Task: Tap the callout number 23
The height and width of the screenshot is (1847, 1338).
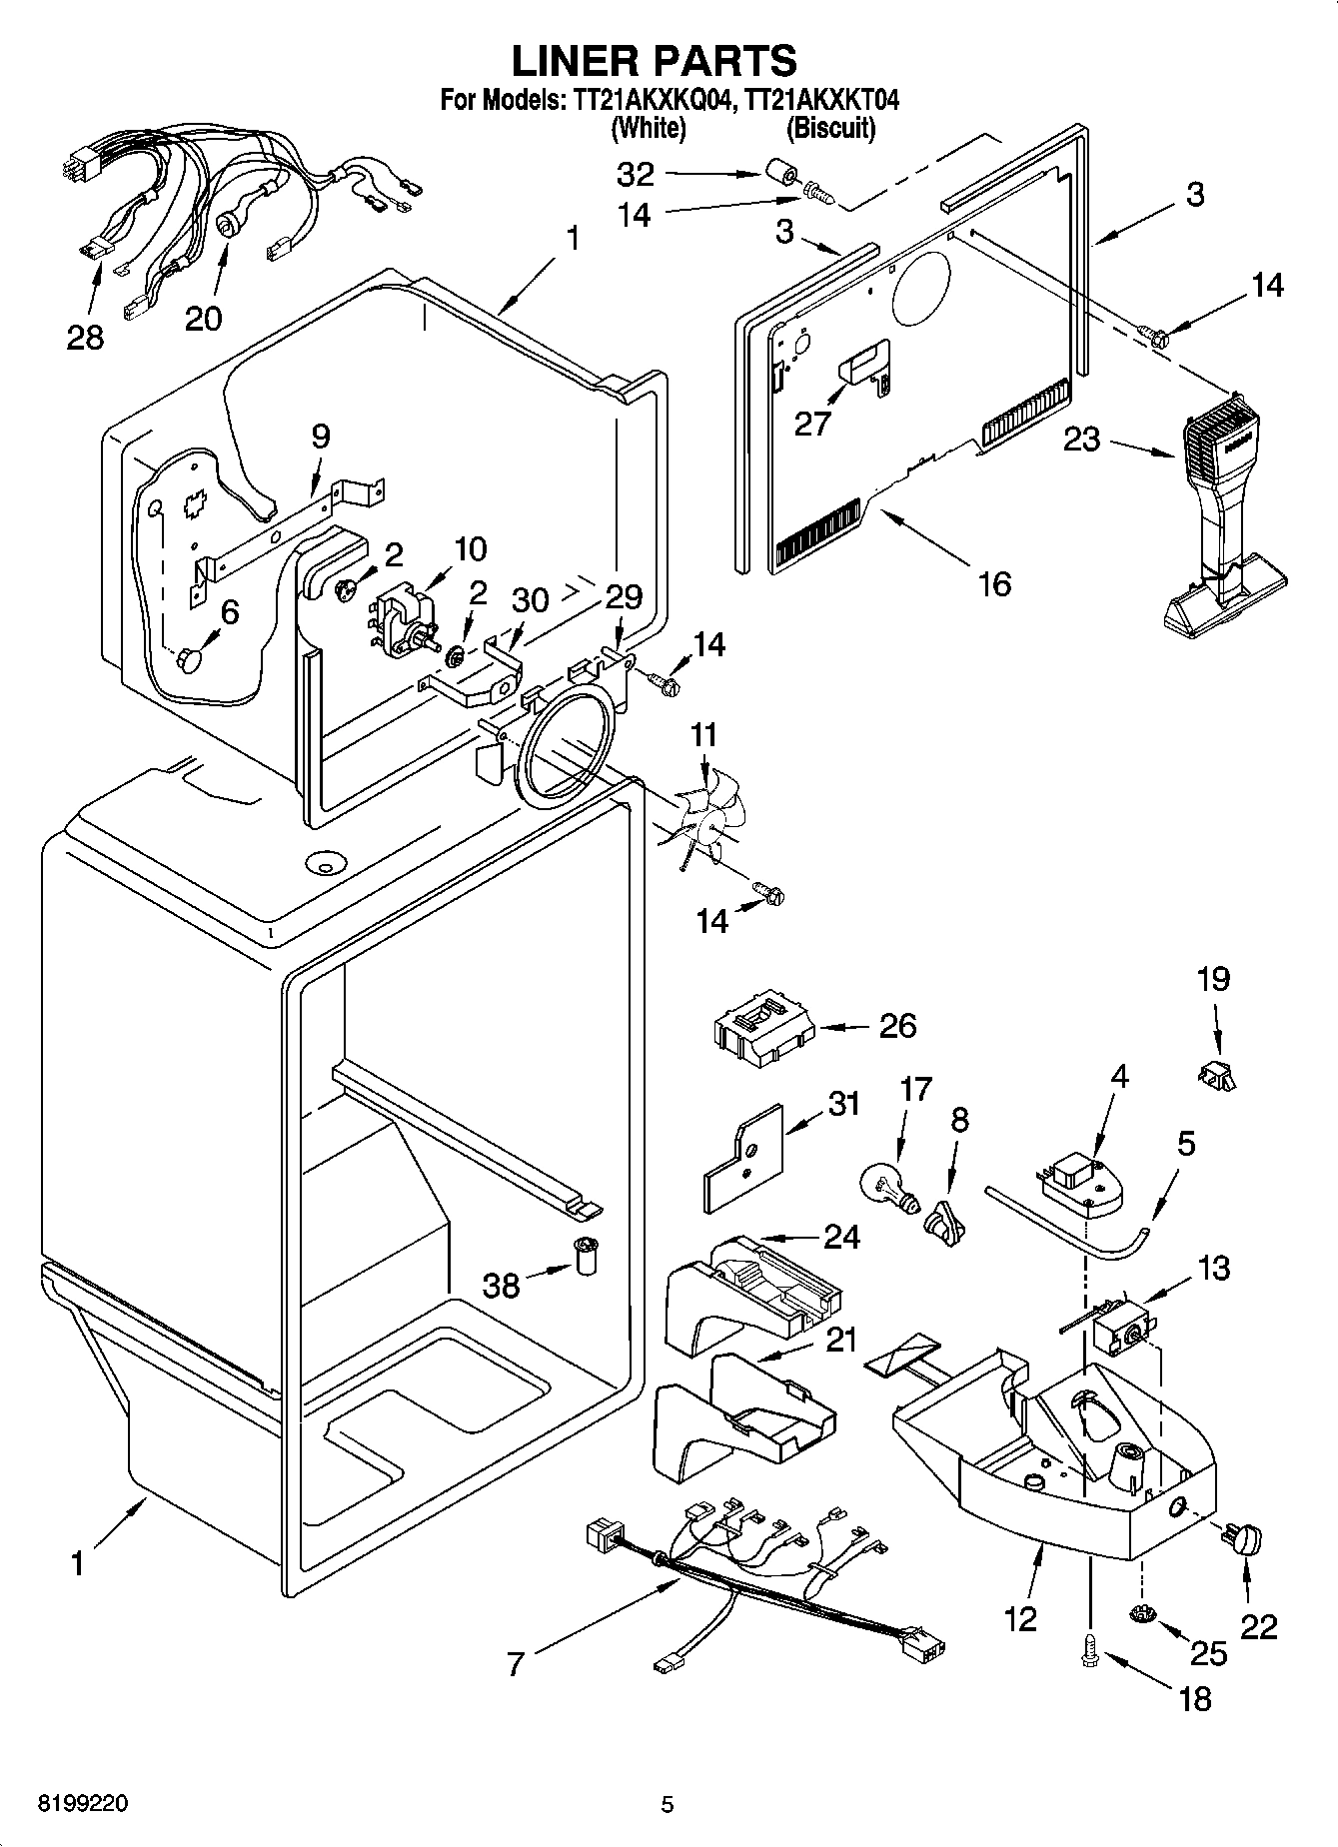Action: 1081,440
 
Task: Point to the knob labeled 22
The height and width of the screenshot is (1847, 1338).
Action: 1247,1540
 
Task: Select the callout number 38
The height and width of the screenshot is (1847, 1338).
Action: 502,1285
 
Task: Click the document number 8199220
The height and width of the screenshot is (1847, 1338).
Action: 83,1804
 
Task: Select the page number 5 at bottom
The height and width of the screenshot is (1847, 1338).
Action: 668,1804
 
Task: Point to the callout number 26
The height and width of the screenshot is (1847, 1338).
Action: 897,1026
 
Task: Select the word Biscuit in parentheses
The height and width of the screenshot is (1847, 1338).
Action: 831,128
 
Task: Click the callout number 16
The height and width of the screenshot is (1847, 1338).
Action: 994,582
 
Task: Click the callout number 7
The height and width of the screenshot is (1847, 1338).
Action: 515,1664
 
